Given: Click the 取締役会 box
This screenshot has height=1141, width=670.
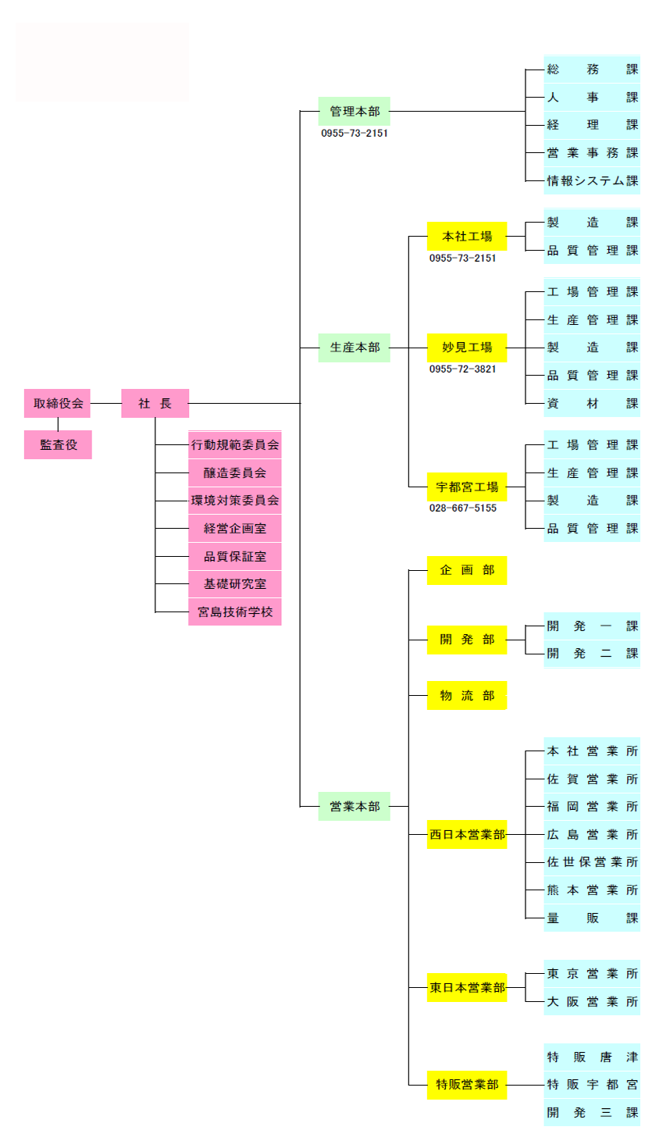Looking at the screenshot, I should (58, 404).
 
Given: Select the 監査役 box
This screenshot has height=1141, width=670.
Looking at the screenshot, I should (58, 445).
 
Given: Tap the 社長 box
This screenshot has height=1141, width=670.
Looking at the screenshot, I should (155, 404).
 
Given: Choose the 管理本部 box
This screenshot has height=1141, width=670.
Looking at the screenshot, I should (354, 112).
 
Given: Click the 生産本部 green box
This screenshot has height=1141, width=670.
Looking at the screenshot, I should (354, 348).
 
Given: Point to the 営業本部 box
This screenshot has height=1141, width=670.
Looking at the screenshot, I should (354, 806).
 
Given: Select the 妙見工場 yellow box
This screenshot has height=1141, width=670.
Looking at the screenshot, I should (467, 348).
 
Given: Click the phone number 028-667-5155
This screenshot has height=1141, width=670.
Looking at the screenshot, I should (462, 508).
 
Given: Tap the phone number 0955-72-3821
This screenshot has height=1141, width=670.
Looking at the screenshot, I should (462, 369).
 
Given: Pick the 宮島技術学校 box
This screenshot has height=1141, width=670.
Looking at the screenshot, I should (234, 612).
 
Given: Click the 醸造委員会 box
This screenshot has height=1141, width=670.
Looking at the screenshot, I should (234, 473).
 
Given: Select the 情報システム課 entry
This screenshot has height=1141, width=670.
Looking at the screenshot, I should (592, 181).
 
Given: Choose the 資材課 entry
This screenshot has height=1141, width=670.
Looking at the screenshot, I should (592, 404).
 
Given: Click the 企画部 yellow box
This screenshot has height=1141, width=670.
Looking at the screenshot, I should (467, 570).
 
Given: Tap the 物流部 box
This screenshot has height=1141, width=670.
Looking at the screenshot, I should (467, 696).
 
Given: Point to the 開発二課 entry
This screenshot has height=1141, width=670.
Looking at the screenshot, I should (592, 654).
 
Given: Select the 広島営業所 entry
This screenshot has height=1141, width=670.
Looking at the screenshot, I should (592, 835).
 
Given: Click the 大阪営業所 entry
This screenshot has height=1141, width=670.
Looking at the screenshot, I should (592, 1002).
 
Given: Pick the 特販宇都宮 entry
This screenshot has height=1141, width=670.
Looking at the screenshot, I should (592, 1085).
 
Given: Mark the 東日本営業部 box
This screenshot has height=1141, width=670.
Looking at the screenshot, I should (467, 988).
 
